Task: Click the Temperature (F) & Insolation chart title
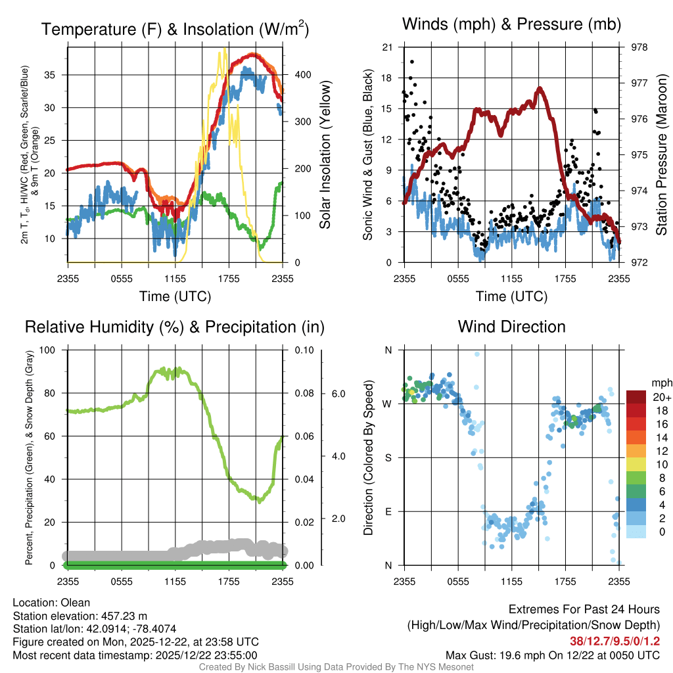pyautogui.click(x=175, y=29)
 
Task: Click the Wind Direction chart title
pyautogui.click(x=511, y=326)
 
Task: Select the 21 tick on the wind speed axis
pyautogui.click(x=387, y=47)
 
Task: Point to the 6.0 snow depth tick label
pyautogui.click(x=336, y=394)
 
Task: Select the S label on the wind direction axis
pyautogui.click(x=388, y=457)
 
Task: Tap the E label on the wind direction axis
pyautogui.click(x=388, y=511)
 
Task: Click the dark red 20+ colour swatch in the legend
pyautogui.click(x=637, y=397)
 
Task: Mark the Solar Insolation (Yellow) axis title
pyautogui.click(x=325, y=154)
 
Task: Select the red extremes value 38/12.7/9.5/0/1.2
pyautogui.click(x=615, y=641)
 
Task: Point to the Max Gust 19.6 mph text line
pyautogui.click(x=553, y=655)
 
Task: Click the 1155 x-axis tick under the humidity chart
pyautogui.click(x=175, y=581)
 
